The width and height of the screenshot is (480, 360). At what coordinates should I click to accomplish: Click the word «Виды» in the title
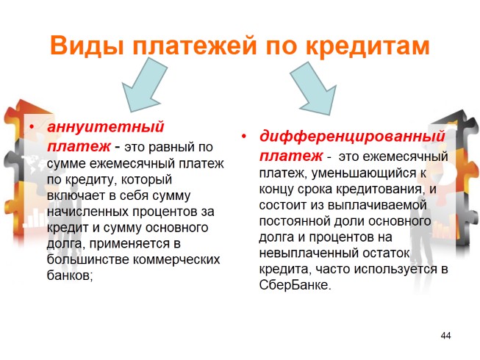pyautogui.click(x=87, y=45)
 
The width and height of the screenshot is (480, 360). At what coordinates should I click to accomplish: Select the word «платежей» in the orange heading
pyautogui.click(x=194, y=46)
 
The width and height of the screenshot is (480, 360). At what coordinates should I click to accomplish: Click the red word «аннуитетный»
pyautogui.click(x=106, y=126)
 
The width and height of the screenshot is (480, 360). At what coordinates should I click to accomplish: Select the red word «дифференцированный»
pyautogui.click(x=352, y=136)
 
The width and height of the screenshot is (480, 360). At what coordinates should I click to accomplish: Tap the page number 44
pyautogui.click(x=445, y=335)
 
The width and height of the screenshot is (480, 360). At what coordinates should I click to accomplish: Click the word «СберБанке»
pyautogui.click(x=295, y=285)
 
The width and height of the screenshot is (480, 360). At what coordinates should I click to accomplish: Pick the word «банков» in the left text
pyautogui.click(x=70, y=276)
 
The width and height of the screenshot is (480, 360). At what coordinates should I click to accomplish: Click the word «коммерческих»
pyautogui.click(x=176, y=260)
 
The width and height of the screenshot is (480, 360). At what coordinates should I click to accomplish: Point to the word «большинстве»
pyautogui.click(x=88, y=259)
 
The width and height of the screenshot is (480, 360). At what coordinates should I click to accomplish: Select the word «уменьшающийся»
pyautogui.click(x=364, y=173)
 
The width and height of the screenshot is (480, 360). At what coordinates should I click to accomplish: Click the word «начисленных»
pyautogui.click(x=88, y=212)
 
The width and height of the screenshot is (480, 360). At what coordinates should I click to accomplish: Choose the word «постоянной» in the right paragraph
pyautogui.click(x=295, y=221)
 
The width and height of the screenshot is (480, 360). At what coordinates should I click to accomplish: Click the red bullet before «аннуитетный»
pyautogui.click(x=32, y=126)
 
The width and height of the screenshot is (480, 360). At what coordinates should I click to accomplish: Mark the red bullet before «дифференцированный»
pyautogui.click(x=243, y=136)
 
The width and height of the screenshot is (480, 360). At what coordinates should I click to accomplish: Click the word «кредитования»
pyautogui.click(x=381, y=189)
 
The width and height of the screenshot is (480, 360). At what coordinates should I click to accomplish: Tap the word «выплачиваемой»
pyautogui.click(x=377, y=205)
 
